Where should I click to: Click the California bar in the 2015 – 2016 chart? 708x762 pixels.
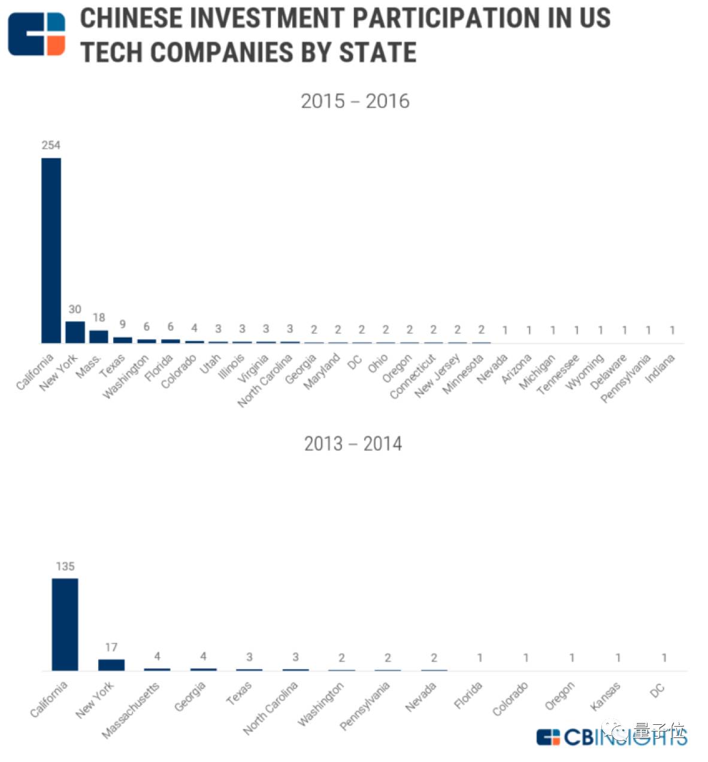[x=51, y=251]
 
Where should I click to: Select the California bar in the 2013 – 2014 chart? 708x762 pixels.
[x=65, y=624]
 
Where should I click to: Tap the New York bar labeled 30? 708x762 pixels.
[x=75, y=332]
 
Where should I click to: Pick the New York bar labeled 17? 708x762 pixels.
[x=111, y=665]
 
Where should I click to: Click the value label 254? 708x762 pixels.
[x=51, y=145]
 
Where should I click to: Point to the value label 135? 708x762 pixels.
[x=65, y=567]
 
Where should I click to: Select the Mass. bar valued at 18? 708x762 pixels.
[x=99, y=336]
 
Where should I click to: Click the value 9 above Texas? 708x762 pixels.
[x=123, y=324]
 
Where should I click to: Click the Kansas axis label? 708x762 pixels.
[x=605, y=697]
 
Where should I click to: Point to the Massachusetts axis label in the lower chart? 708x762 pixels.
[x=131, y=710]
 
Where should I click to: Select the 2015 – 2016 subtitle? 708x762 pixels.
[x=355, y=101]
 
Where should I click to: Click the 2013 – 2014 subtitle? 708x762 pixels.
[x=353, y=444]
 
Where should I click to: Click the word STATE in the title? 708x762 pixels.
[x=377, y=53]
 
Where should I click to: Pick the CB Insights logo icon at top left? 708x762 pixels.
[x=37, y=34]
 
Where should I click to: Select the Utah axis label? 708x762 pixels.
[x=210, y=364]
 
